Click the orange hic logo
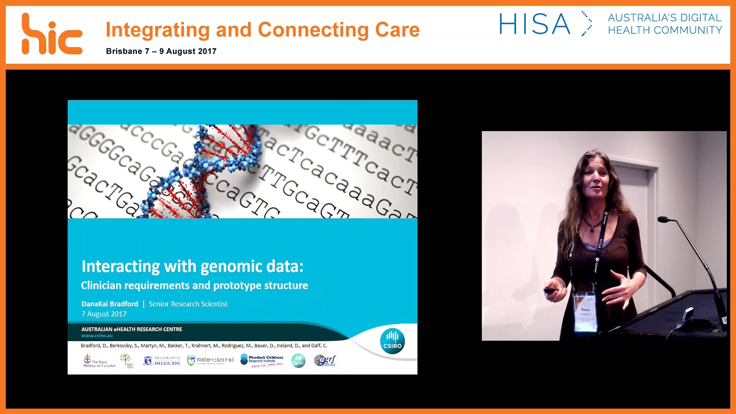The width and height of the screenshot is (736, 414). click(x=52, y=34)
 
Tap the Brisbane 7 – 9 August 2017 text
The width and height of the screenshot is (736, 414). click(x=161, y=51)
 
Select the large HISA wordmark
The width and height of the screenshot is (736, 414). click(x=534, y=24)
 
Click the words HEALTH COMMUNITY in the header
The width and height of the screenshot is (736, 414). click(x=665, y=30)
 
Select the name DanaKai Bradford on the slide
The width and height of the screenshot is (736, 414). click(x=110, y=304)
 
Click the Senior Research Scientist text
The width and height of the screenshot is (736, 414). click(x=188, y=304)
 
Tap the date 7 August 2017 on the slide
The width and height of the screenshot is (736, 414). click(x=104, y=314)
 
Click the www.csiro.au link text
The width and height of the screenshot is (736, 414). click(x=97, y=336)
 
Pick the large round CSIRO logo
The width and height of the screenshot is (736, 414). click(x=392, y=341)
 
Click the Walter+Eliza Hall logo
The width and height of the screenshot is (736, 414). click(x=210, y=360)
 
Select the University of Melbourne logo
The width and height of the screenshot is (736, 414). click(x=162, y=361)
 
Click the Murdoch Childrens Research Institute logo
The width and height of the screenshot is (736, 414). click(x=262, y=360)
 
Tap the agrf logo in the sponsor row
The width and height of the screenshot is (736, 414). click(x=325, y=360)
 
